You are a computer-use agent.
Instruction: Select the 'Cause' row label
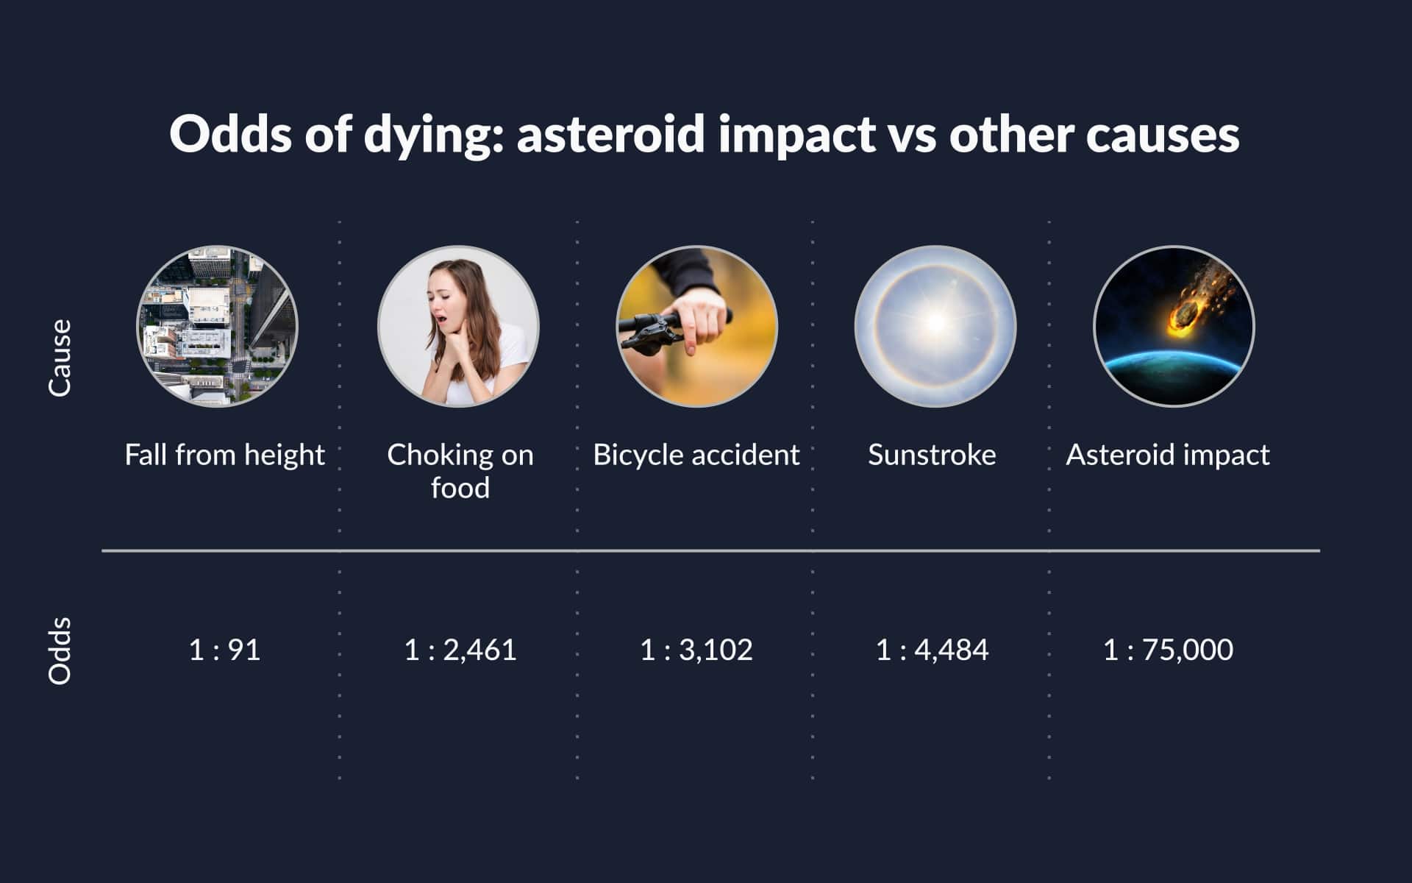click(60, 358)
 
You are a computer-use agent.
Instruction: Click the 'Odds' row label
click(60, 650)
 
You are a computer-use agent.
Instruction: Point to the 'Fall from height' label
click(224, 455)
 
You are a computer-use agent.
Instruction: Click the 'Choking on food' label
click(460, 471)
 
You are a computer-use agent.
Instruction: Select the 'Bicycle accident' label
click(696, 455)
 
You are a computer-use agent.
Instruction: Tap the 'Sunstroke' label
click(932, 455)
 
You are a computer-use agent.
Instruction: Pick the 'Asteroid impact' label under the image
click(1168, 455)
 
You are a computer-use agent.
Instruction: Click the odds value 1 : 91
click(224, 650)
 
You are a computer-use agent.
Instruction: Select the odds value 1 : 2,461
click(460, 650)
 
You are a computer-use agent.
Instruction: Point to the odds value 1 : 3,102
click(696, 650)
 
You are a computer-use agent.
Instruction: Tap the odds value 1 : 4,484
click(932, 650)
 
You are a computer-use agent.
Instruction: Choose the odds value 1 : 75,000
click(1168, 650)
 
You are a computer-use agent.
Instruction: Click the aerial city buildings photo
click(218, 326)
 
